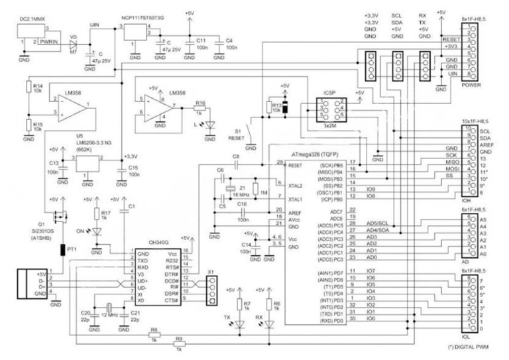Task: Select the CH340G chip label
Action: pyautogui.click(x=154, y=245)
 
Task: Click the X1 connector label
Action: pyautogui.click(x=211, y=272)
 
